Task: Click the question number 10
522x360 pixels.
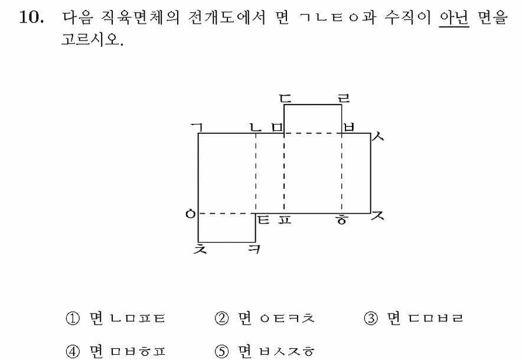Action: pos(31,17)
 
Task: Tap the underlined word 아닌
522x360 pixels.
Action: pos(454,17)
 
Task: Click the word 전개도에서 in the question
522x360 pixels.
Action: pos(227,17)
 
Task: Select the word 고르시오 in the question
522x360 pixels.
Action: pos(90,40)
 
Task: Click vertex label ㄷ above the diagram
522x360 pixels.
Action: pos(285,98)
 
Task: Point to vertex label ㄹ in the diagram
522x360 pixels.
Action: pos(344,98)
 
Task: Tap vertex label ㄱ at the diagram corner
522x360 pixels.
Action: pos(197,126)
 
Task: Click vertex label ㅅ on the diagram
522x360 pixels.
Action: pos(378,136)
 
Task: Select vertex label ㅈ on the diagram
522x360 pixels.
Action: pos(377,215)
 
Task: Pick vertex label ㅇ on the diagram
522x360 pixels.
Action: pos(190,214)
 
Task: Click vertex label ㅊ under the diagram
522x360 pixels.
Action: pos(200,249)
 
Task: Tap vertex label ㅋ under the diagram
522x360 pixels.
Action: pos(255,249)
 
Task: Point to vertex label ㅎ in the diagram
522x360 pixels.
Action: pos(342,220)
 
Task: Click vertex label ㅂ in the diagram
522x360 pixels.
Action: pos(348,127)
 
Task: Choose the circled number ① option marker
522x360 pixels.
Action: pos(73,319)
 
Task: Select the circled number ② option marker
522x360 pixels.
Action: pos(221,319)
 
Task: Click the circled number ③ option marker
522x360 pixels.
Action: pos(371,319)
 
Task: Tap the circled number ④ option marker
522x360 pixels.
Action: pos(73,351)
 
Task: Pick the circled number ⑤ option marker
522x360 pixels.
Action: pos(221,351)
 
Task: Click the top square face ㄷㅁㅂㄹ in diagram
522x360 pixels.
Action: pos(312,119)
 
